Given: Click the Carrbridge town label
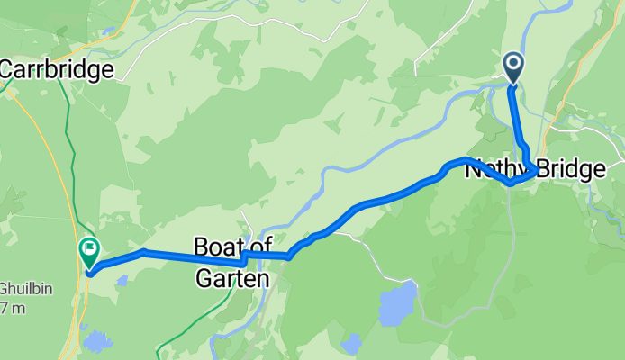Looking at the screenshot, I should pyautogui.click(x=58, y=69).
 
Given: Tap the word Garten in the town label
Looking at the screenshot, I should pyautogui.click(x=232, y=279).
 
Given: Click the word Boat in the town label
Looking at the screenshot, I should pyautogui.click(x=217, y=245).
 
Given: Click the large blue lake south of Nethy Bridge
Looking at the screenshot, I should pyautogui.click(x=397, y=305).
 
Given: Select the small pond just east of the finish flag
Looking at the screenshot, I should pyautogui.click(x=121, y=280).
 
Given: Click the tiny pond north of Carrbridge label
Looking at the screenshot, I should pyautogui.click(x=107, y=31).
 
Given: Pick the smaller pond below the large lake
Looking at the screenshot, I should pyautogui.click(x=350, y=341).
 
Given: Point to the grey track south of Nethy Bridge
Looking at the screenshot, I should pyautogui.click(x=511, y=243).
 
